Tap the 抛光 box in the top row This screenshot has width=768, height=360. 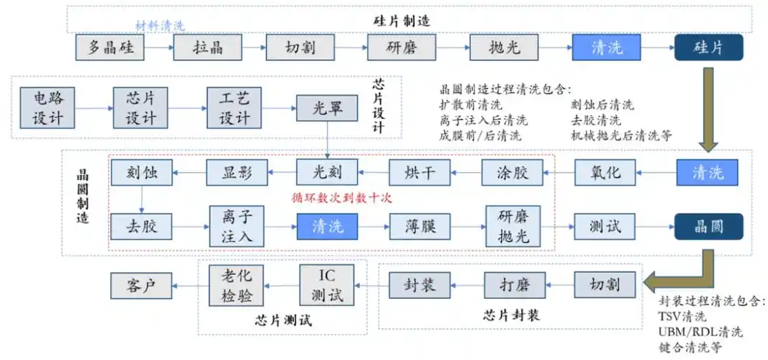[x=503, y=48]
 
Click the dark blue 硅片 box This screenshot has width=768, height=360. [x=708, y=48]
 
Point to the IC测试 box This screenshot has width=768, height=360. [x=327, y=286]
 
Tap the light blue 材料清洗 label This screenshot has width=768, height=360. [x=160, y=25]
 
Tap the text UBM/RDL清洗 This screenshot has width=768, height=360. [x=700, y=332]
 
